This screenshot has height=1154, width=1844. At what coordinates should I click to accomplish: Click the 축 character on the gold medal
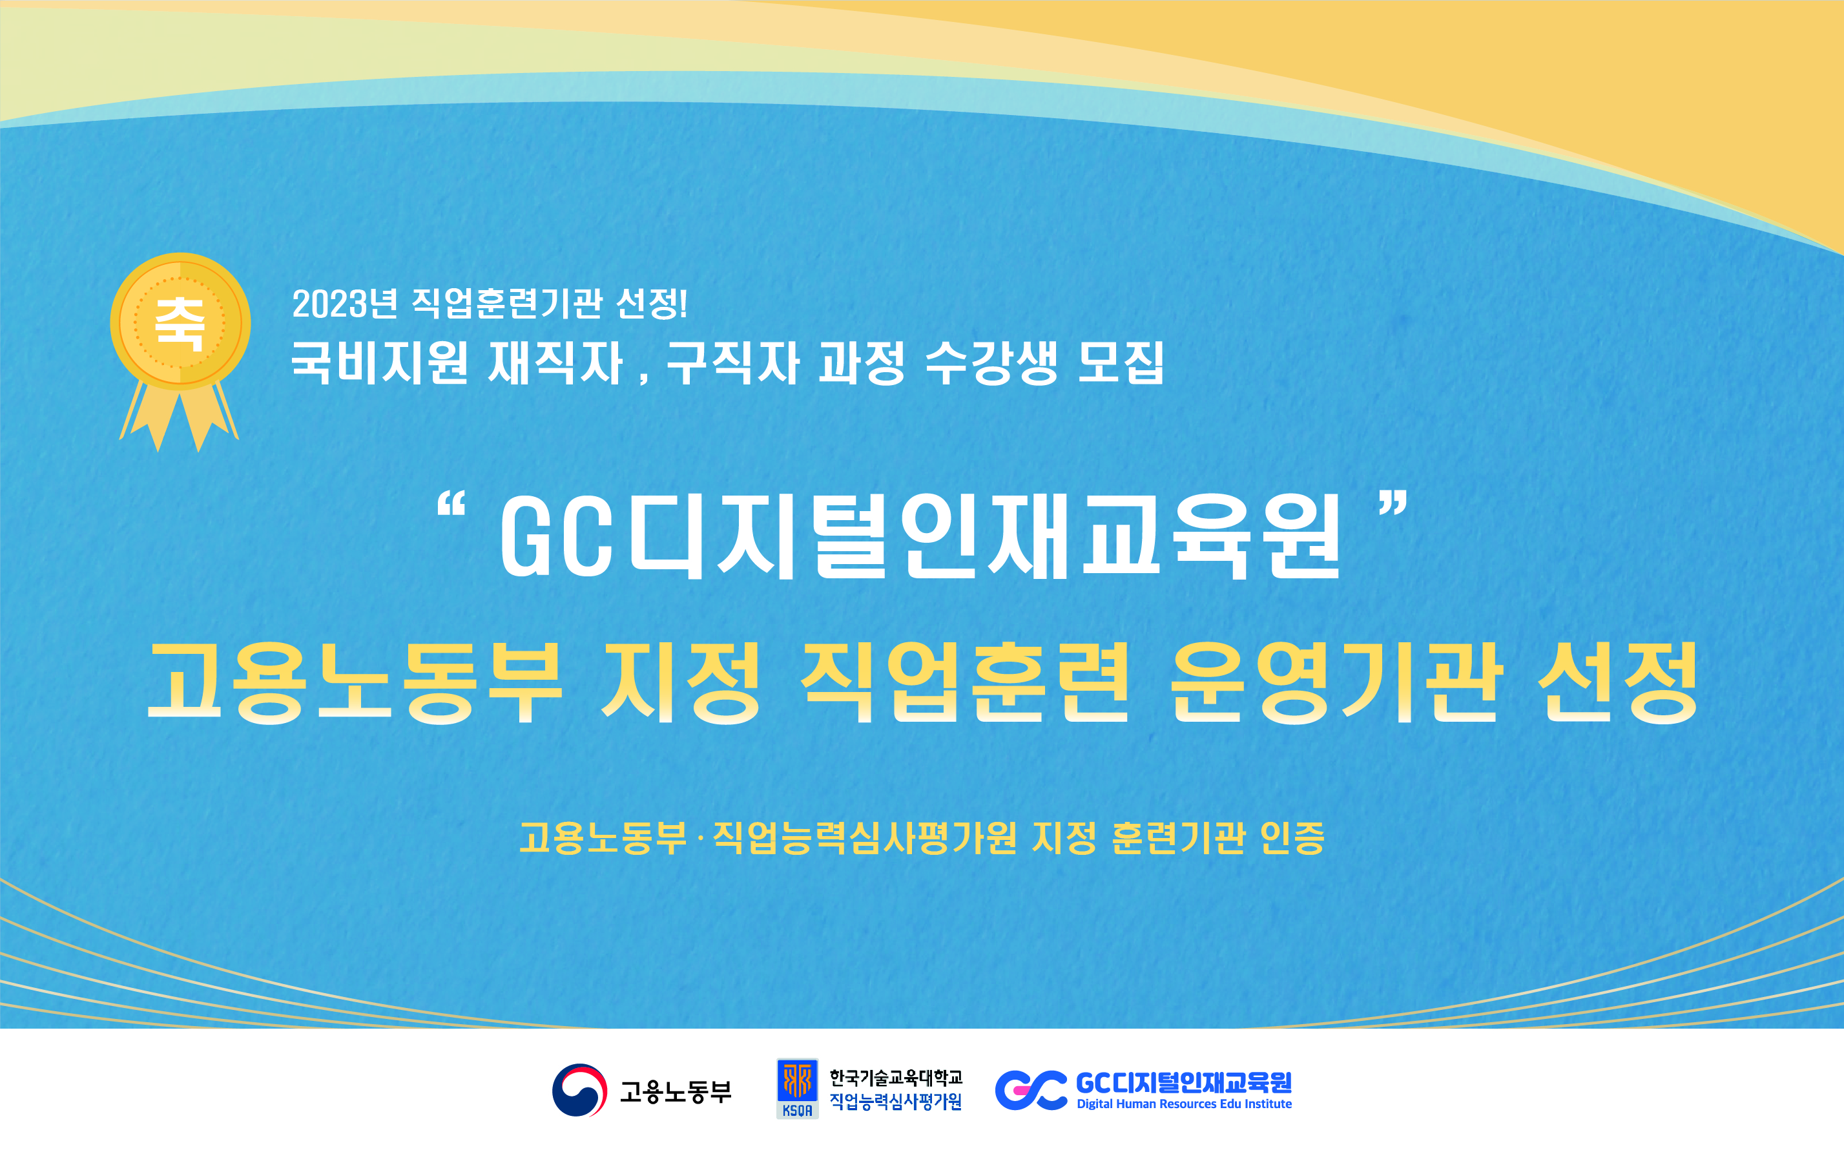[180, 324]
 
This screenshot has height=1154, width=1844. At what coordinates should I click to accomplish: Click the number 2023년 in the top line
[345, 303]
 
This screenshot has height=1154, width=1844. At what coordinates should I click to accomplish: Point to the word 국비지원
[379, 362]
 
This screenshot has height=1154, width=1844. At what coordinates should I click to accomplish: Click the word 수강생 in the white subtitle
[991, 362]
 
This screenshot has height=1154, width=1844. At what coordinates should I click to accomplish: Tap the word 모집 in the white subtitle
[1121, 362]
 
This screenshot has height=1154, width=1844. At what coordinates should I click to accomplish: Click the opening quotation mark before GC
[451, 506]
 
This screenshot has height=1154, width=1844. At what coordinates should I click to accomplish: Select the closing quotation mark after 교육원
[1393, 506]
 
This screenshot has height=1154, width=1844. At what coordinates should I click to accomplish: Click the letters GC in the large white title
[557, 535]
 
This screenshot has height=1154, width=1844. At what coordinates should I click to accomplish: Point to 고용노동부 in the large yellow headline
[355, 682]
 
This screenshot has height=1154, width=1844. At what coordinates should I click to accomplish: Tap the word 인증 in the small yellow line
[1292, 837]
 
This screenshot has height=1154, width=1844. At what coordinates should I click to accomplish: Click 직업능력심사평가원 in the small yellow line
[864, 837]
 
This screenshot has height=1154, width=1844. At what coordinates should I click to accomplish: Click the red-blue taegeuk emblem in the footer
[580, 1090]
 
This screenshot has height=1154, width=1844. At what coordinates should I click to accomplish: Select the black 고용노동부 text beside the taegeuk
[675, 1091]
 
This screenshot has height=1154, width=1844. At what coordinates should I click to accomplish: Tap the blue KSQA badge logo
[797, 1088]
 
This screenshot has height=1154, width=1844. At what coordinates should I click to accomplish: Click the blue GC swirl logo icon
[1031, 1090]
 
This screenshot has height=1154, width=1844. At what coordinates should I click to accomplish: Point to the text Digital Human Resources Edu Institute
[1184, 1104]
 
